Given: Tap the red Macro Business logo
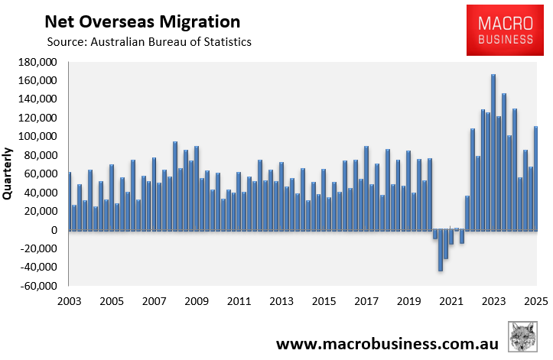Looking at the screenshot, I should point(504,30).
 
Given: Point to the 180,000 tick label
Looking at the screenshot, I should point(37,62).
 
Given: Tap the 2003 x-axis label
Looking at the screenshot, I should point(69,300).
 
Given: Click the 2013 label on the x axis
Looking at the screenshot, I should point(281,300).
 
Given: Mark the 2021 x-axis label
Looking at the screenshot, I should point(451,300).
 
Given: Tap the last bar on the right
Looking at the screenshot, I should point(536,178).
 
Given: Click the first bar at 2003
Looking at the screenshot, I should point(69,201).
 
